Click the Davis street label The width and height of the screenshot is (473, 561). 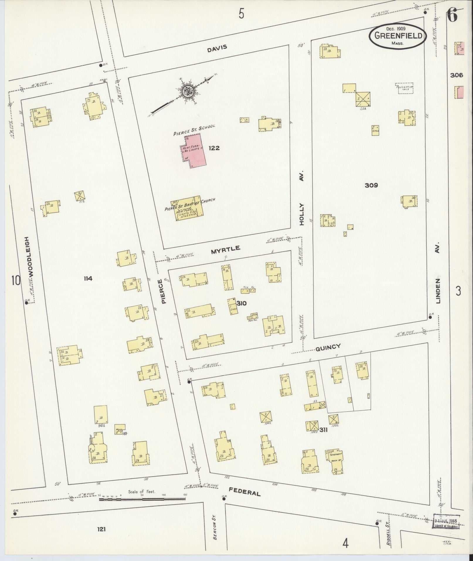tap(217, 48)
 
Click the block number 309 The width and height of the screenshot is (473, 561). tap(371, 185)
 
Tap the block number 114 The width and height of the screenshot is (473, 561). tap(88, 279)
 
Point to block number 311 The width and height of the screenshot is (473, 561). tap(324, 430)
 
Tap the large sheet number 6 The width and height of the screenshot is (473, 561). tap(453, 16)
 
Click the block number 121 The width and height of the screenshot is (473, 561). tap(101, 529)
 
